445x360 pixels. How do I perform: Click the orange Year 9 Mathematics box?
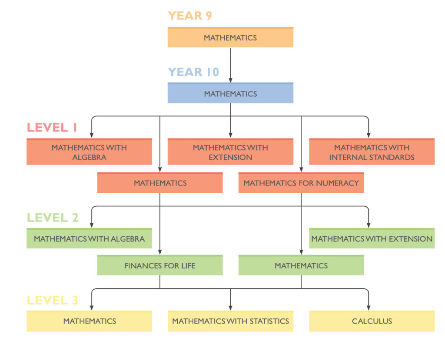pos(230,37)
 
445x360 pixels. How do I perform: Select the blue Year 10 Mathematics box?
pos(230,93)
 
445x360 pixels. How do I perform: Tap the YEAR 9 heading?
pos(190,16)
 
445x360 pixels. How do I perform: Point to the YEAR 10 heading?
pos(193,72)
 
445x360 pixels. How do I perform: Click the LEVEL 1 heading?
pos(52,127)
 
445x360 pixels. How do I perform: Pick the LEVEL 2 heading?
pos(53,218)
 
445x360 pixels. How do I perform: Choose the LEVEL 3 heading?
pos(52,300)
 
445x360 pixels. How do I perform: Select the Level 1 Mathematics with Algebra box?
pos(90,152)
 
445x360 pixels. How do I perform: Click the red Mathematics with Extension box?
pos(230,152)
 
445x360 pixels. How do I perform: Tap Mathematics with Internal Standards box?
pos(372,152)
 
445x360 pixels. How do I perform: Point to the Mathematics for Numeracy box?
pos(301,183)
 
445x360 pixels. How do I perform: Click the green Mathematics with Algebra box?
pos(90,238)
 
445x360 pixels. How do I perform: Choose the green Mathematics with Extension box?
pos(372,238)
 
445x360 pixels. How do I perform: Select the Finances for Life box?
pos(160,265)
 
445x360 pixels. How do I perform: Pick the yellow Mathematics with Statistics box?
pos(230,321)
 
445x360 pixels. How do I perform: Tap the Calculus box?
pos(372,321)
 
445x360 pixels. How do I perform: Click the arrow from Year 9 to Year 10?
pos(230,65)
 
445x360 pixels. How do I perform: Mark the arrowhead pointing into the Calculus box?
pos(369,308)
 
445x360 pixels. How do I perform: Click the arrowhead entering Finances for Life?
pos(160,252)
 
